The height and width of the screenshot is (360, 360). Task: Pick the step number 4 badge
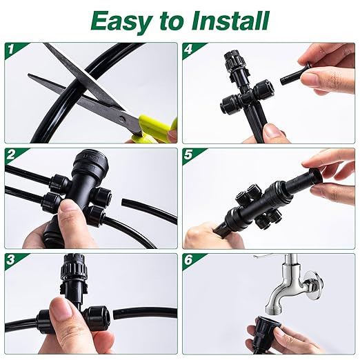[x=189, y=50]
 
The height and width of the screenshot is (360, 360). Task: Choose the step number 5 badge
[x=189, y=154]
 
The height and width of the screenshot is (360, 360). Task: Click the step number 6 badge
[x=189, y=260]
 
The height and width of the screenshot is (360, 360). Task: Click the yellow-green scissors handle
[x=157, y=128]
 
